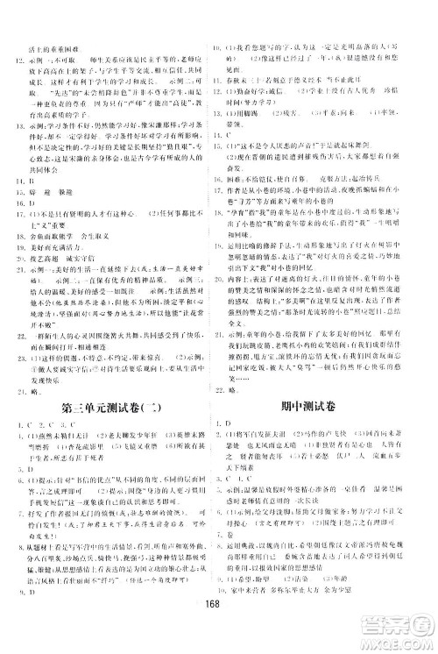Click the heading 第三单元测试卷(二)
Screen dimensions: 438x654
112,384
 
